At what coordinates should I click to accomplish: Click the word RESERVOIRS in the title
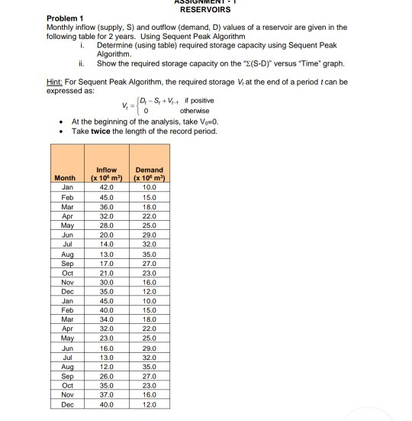tap(205, 10)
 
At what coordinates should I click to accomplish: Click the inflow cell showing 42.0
tap(107, 186)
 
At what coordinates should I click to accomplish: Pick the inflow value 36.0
tap(107, 206)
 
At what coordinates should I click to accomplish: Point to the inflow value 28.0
tap(107, 225)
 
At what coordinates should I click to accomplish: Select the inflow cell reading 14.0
tap(107, 245)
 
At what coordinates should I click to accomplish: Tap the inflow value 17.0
tap(107, 265)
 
